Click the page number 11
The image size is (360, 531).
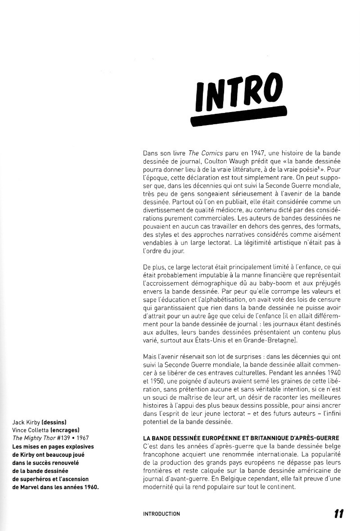click(339, 513)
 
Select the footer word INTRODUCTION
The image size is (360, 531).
click(161, 514)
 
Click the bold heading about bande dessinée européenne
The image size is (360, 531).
click(241, 438)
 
